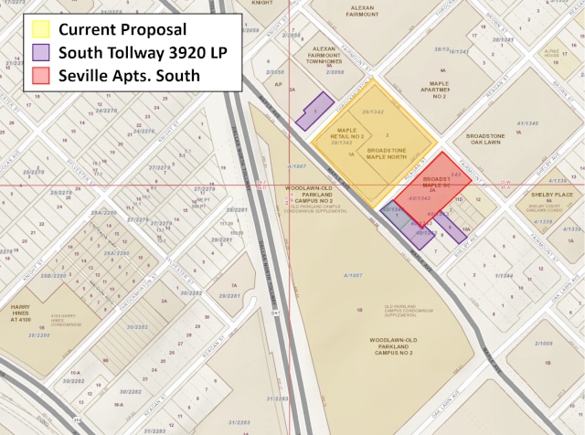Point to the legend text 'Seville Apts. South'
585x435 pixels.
coord(129,75)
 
